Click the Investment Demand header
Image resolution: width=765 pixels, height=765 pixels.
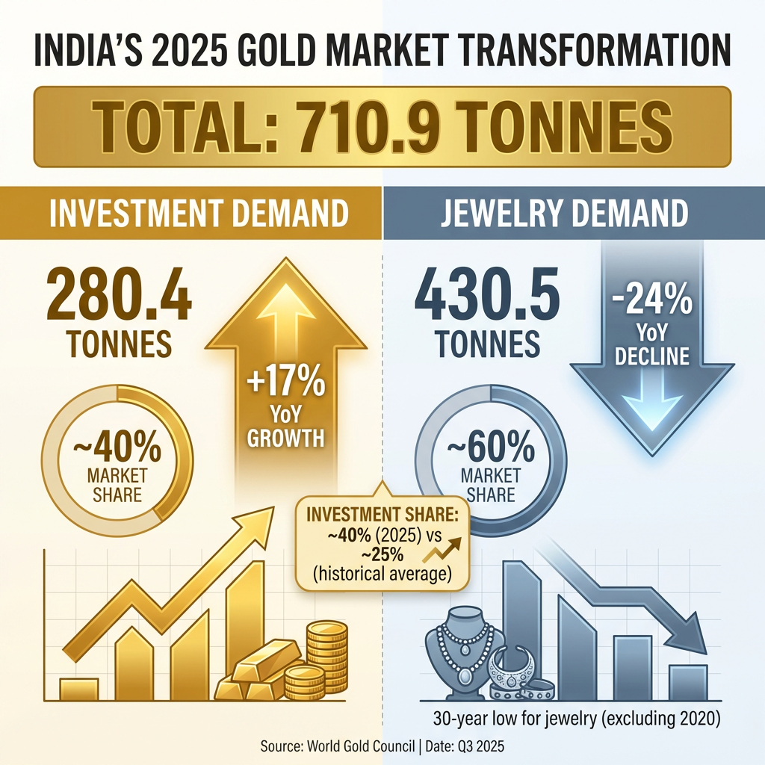point(199,214)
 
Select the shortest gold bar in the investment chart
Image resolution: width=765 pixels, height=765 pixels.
point(78,689)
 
